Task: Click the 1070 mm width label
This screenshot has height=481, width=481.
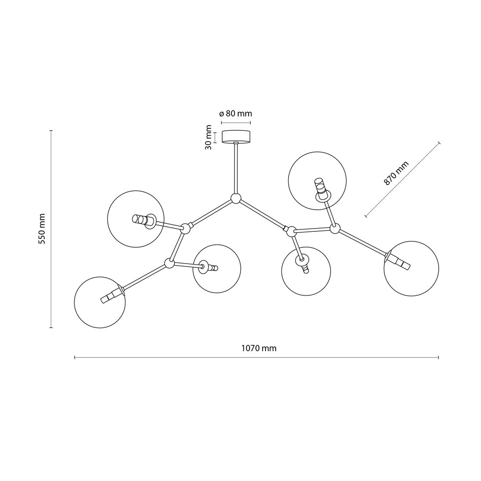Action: [259, 348]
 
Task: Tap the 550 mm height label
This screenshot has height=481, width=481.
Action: [41, 229]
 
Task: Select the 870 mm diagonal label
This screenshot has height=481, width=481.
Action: [396, 173]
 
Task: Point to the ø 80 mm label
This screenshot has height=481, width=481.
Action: [236, 114]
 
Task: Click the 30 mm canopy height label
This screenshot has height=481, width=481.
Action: [209, 137]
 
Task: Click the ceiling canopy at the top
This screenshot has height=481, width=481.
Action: [236, 137]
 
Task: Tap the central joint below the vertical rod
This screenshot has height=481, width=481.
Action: [236, 199]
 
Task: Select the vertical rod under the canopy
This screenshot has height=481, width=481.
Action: [236, 168]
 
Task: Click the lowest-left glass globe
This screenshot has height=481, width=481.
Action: [100, 303]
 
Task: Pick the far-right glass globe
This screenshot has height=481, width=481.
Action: [411, 268]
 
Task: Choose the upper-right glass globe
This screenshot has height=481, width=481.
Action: [317, 181]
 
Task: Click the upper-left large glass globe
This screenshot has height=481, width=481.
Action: [136, 219]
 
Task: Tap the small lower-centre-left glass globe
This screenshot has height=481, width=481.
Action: [217, 269]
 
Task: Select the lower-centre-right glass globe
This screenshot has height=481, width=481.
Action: [306, 271]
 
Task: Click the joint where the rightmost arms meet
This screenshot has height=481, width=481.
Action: [335, 228]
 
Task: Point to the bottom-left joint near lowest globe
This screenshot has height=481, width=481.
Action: [169, 263]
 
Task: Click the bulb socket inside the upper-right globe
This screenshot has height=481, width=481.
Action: [322, 190]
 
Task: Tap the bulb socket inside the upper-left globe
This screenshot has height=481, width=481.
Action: [144, 221]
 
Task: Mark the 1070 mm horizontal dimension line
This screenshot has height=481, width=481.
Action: [256, 357]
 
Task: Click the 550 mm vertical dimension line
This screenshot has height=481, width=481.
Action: [51, 229]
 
